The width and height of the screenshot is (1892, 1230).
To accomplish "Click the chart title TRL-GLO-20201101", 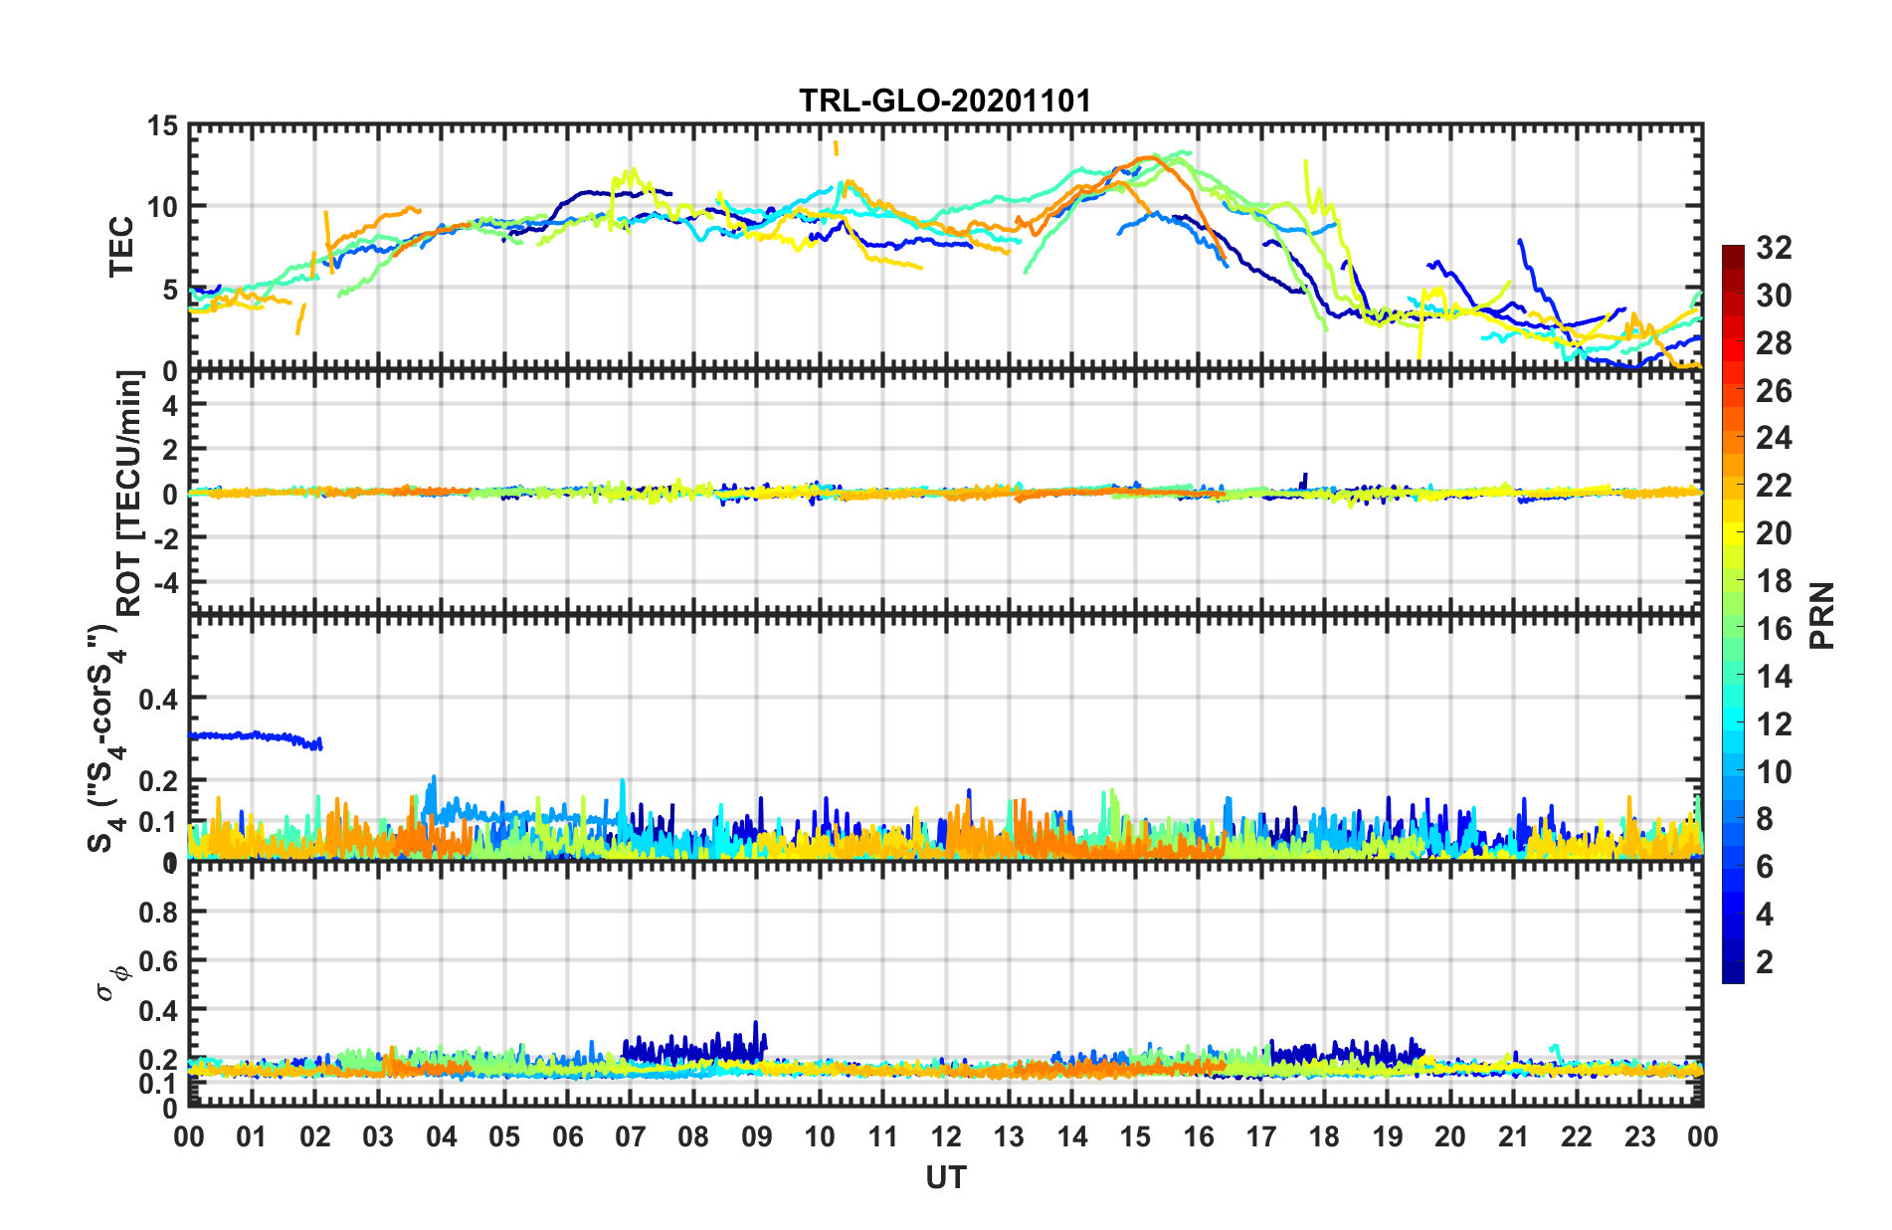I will (945, 101).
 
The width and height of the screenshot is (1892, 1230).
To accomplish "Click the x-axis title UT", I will (945, 1177).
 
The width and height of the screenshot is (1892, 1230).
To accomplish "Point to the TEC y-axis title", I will (121, 247).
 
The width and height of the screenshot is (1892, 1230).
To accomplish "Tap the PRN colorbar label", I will (1822, 615).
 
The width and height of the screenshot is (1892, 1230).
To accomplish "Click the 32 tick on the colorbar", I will (1774, 248).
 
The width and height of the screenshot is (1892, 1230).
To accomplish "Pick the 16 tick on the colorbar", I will (1774, 629).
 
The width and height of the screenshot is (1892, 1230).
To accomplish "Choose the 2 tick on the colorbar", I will (1765, 962).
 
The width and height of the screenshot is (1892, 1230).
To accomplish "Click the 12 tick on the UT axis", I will (946, 1136).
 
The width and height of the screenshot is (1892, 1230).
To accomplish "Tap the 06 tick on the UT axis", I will (567, 1136).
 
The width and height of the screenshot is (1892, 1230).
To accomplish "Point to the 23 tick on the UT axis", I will (1639, 1136).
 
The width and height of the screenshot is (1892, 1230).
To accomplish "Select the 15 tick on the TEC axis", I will (162, 126).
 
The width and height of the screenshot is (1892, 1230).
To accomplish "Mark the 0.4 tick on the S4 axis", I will (158, 700).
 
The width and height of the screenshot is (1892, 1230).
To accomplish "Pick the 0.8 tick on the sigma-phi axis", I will (158, 912).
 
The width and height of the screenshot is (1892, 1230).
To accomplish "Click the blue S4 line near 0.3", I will (254, 736).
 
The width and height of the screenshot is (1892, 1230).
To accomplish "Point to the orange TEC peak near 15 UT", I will (1152, 157).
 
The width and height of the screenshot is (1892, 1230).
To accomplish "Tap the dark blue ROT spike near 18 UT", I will (1304, 478).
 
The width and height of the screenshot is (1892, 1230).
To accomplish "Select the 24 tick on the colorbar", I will (1774, 438).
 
